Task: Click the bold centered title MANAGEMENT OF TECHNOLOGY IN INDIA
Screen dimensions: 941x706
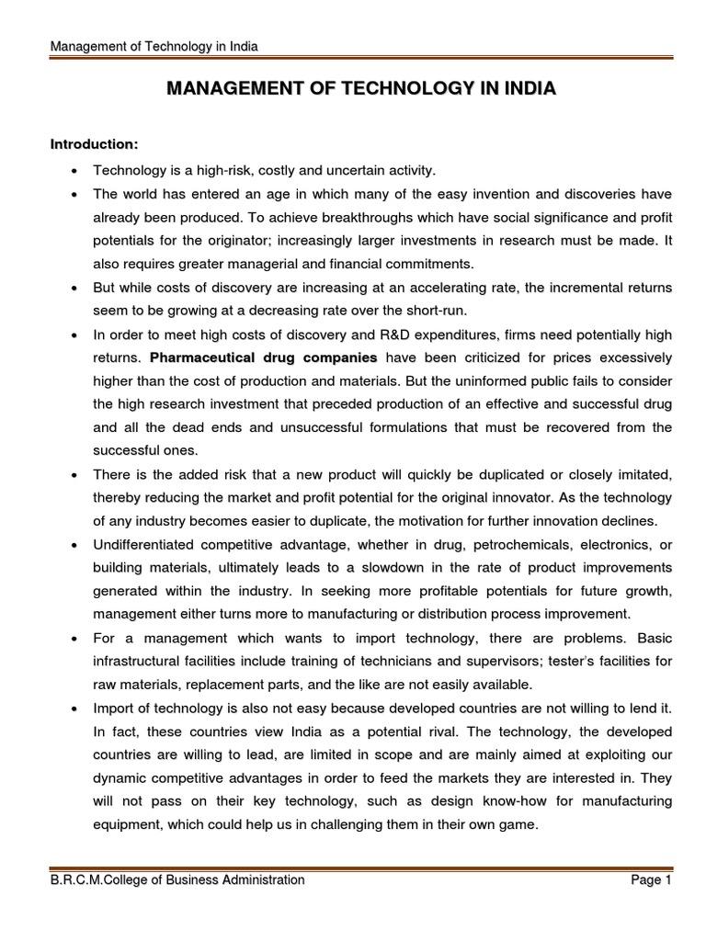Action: point(359,89)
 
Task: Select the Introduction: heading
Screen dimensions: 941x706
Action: point(94,145)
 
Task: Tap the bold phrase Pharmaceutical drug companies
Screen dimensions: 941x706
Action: point(264,356)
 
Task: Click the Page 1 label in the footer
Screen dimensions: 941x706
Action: point(652,879)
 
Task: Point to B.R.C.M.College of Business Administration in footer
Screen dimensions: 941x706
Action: point(176,879)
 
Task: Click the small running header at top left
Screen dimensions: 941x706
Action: point(154,46)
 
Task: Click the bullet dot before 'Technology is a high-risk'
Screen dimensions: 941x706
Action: point(73,171)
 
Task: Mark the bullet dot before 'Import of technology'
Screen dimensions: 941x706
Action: point(73,709)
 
